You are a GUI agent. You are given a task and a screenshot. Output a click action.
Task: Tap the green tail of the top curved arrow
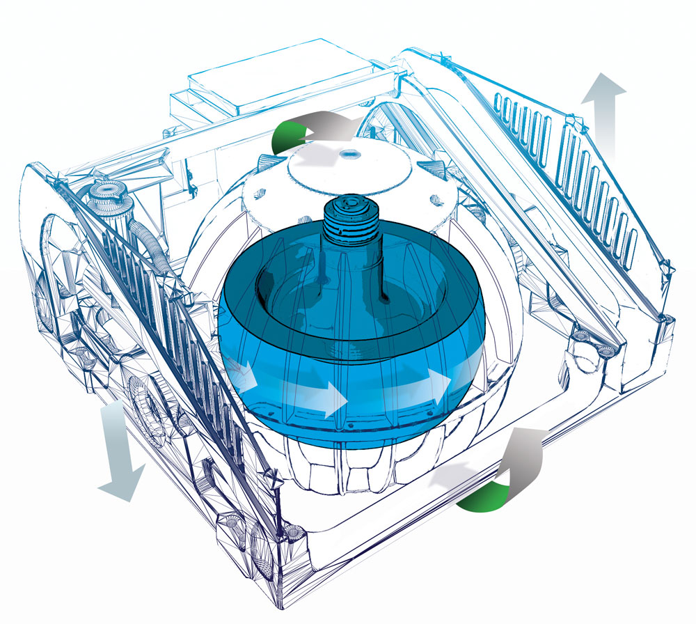(287, 132)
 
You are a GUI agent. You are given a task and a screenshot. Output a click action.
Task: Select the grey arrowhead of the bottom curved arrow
(519, 453)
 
